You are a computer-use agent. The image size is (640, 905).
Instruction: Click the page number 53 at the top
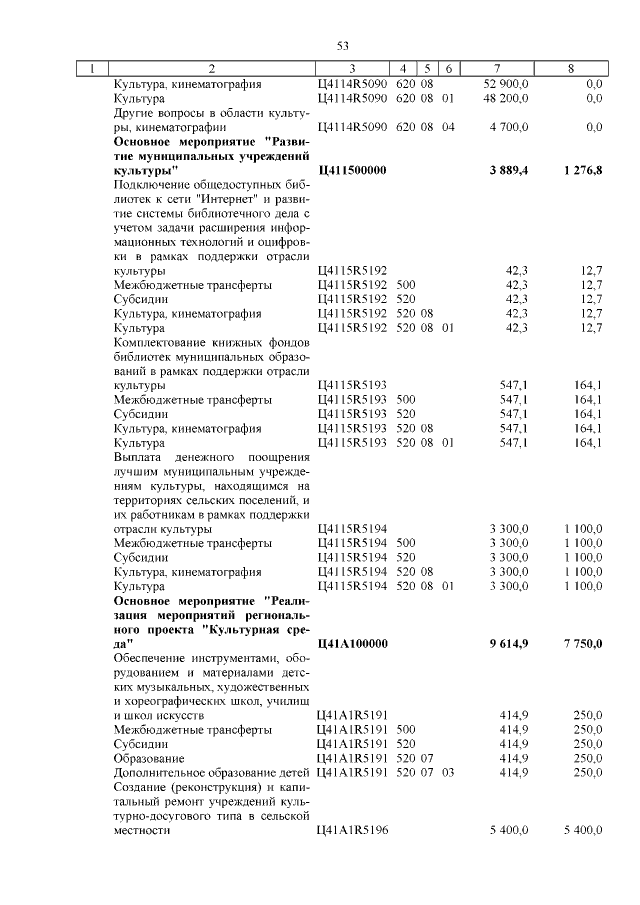[342, 46]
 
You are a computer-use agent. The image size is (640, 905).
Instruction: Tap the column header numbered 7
[496, 69]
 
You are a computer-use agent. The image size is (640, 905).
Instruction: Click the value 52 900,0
[506, 84]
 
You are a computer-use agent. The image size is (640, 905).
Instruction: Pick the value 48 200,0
[506, 99]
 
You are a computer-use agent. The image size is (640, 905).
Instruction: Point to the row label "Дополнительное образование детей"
[211, 773]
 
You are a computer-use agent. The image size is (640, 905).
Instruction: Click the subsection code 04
[447, 128]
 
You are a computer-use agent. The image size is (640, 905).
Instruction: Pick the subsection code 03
[447, 773]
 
